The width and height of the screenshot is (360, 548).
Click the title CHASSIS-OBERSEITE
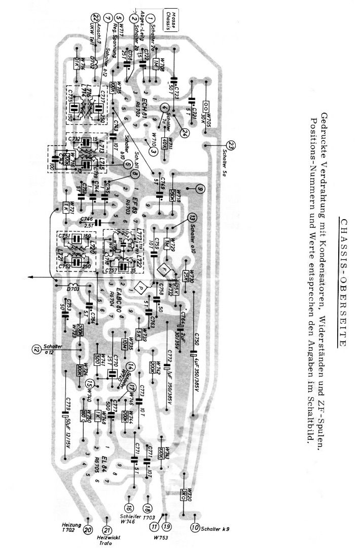tap(343, 282)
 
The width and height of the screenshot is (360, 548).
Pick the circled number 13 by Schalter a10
tap(192, 218)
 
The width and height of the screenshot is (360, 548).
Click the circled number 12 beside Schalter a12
tap(36, 349)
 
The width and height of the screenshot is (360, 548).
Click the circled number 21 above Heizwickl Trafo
tap(107, 530)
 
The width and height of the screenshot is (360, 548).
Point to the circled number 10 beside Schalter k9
tap(195, 528)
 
